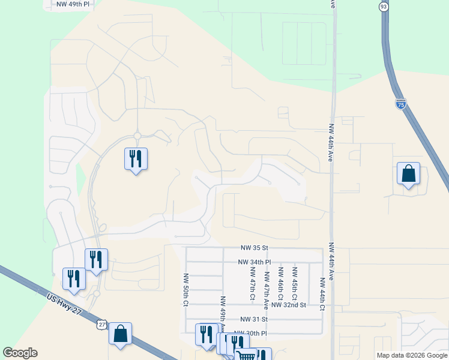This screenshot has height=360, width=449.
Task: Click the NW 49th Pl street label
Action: pyautogui.click(x=73, y=4)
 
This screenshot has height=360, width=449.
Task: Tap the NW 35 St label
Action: pyautogui.click(x=254, y=247)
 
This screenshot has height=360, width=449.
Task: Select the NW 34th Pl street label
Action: pyautogui.click(x=255, y=262)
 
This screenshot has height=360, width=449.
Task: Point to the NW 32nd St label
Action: pyautogui.click(x=289, y=305)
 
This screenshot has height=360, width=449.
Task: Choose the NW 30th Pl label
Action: pyautogui.click(x=250, y=333)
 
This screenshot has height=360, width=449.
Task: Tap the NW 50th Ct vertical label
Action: pyautogui.click(x=185, y=291)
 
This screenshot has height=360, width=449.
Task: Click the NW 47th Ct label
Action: pyautogui.click(x=253, y=284)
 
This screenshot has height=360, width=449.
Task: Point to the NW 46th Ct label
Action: pyautogui.click(x=280, y=284)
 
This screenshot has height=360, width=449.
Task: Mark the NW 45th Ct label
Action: pyautogui.click(x=295, y=284)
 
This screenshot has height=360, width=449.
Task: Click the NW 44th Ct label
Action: pyautogui.click(x=322, y=294)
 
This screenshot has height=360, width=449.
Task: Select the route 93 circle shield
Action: pyautogui.click(x=384, y=6)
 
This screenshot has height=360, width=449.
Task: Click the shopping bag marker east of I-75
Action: pyautogui.click(x=408, y=174)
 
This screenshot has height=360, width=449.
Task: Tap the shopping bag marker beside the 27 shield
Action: pyautogui.click(x=120, y=334)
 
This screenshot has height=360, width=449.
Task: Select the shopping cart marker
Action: pyautogui.click(x=246, y=356)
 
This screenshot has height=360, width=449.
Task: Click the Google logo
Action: pyautogui.click(x=20, y=353)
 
